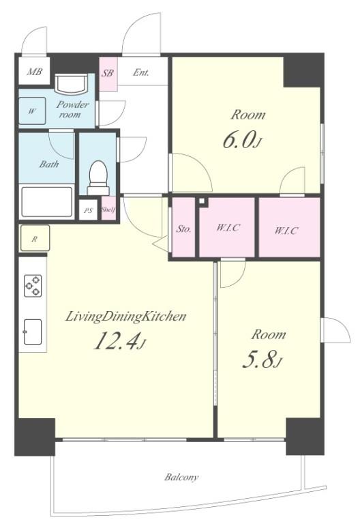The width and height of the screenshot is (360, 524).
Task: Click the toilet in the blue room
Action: [x=98, y=178]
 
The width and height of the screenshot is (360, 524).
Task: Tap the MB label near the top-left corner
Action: [x=34, y=71]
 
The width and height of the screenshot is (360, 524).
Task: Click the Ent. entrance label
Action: [x=141, y=72]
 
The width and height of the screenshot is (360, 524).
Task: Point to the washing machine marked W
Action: [x=32, y=111]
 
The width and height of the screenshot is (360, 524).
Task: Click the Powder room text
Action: [x=72, y=109]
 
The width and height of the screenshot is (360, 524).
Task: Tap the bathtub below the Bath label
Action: [x=47, y=202]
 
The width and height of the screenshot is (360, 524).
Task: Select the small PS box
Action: [x=88, y=210]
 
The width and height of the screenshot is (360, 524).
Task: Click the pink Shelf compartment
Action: [x=108, y=209]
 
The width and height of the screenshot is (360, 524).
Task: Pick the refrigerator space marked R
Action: [x=35, y=238]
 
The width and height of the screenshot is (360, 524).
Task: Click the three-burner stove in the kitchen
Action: [x=33, y=285]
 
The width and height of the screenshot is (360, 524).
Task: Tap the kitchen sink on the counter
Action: [x=33, y=332]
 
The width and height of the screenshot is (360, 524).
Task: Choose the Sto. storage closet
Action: [x=183, y=227]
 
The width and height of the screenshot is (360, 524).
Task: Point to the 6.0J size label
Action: [x=242, y=140]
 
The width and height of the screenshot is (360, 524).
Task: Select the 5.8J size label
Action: [x=262, y=360]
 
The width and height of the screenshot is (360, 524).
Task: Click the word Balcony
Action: [x=181, y=477]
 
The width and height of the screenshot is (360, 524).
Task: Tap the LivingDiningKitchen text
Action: [x=125, y=316]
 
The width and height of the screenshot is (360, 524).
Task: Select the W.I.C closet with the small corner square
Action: [x=227, y=227]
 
